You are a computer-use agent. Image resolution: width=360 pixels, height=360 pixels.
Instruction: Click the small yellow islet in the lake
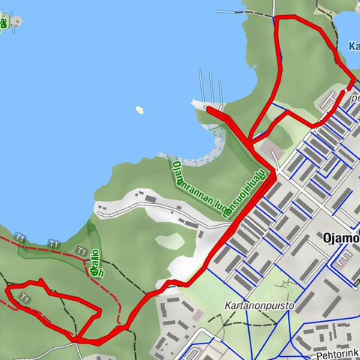tap(139, 109)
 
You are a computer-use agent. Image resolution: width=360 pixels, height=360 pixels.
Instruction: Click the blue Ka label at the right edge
tap(353, 46)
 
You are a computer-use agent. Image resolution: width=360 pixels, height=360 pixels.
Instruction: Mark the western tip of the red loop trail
tap(7, 289)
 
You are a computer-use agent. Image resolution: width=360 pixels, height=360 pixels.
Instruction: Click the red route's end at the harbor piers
tap(209, 110)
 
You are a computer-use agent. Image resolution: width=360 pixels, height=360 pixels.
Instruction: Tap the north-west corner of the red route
tap(276, 17)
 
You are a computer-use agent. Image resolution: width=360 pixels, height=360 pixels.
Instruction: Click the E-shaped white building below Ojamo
tap(346, 259)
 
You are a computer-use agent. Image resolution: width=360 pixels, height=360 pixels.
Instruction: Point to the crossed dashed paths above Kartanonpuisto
tap(286, 284)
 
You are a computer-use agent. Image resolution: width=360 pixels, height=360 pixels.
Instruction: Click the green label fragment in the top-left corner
tap(4, 22)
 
